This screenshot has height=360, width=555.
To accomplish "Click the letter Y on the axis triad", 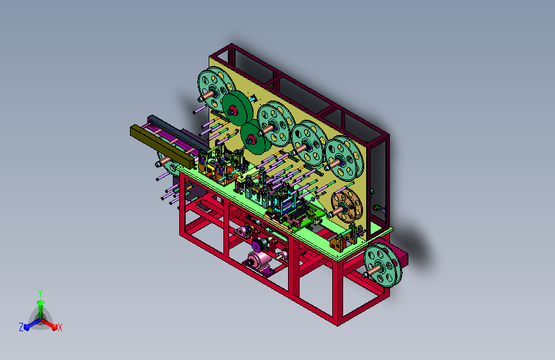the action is [40, 293].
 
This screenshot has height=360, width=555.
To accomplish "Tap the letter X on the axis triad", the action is [60, 327].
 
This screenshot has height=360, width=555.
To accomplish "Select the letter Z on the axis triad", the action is [21, 327].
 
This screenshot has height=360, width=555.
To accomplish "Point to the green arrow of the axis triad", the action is [41, 309].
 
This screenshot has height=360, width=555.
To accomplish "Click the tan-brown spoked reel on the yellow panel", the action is [346, 206].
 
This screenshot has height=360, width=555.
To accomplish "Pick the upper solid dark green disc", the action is [237, 108].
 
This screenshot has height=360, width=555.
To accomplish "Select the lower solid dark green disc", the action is [255, 137].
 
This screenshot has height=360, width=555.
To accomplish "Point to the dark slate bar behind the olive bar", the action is [177, 131].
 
